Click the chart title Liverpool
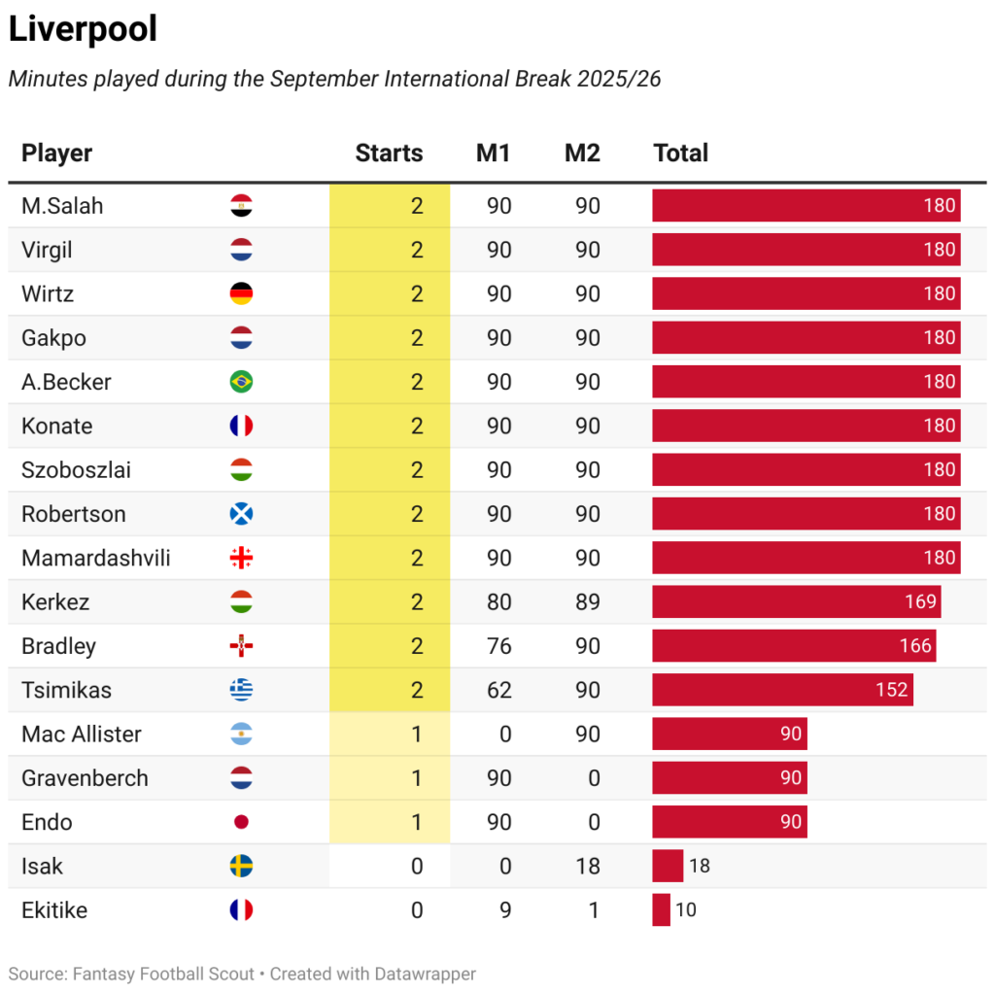(x=83, y=29)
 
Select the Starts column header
(x=389, y=153)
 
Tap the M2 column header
(x=582, y=153)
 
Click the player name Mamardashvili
(x=95, y=558)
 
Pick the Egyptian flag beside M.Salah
(x=241, y=206)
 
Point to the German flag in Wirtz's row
(x=241, y=294)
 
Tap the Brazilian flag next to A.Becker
(x=241, y=382)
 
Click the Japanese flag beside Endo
(x=241, y=822)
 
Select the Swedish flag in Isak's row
(x=241, y=866)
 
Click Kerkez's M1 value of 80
(x=499, y=602)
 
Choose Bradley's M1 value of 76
(x=499, y=646)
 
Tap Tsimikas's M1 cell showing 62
(x=499, y=690)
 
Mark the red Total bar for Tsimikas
(x=782, y=690)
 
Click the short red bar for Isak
(x=668, y=866)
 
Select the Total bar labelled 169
(x=796, y=602)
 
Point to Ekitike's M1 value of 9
(x=505, y=910)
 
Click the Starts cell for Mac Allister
(x=416, y=735)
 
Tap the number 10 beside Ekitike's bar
(x=686, y=910)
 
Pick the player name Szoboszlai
(x=76, y=470)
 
